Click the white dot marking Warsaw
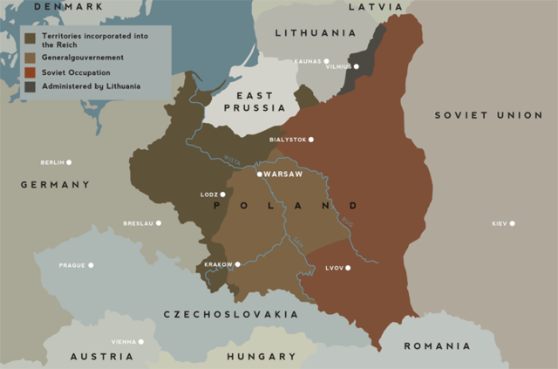pyautogui.click(x=260, y=174)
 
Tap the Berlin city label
pyautogui.click(x=52, y=162)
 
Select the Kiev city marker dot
pyautogui.click(x=512, y=223)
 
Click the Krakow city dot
pyautogui.click(x=237, y=264)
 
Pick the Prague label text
pyautogui.click(x=71, y=265)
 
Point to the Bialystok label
pyautogui.click(x=287, y=140)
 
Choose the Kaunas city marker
pyautogui.click(x=326, y=62)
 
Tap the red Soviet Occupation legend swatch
pyautogui.click(x=31, y=72)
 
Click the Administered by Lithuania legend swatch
pyautogui.click(x=31, y=85)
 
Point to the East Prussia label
pyautogui.click(x=253, y=100)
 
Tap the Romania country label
pyautogui.click(x=436, y=346)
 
